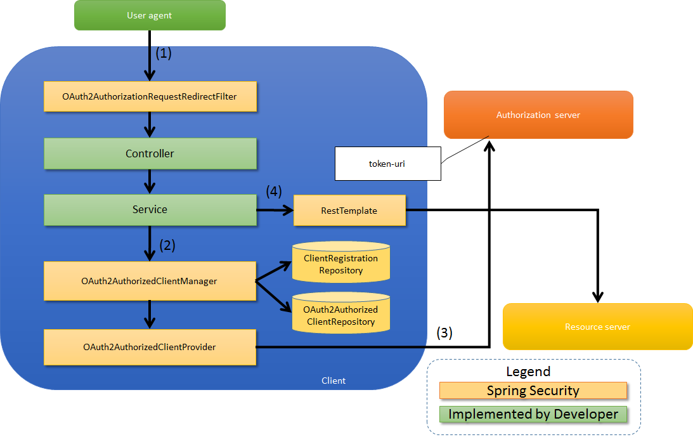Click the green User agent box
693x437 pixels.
click(150, 15)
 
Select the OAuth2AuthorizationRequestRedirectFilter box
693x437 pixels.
click(150, 97)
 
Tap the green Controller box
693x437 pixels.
click(150, 153)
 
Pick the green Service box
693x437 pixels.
click(150, 209)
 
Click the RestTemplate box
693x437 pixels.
click(349, 210)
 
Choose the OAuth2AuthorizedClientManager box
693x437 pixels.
click(150, 281)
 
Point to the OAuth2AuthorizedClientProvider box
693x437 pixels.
click(150, 347)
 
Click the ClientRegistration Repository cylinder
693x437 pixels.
click(341, 264)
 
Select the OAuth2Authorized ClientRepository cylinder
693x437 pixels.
click(341, 315)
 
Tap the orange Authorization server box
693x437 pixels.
click(538, 115)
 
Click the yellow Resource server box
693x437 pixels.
click(597, 327)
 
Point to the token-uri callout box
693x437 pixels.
click(387, 163)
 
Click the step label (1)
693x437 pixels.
click(164, 53)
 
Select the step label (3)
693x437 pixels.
click(444, 332)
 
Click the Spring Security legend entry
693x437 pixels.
click(533, 391)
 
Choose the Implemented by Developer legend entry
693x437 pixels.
click(533, 414)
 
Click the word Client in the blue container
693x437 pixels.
click(334, 381)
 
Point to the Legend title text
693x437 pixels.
click(528, 372)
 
